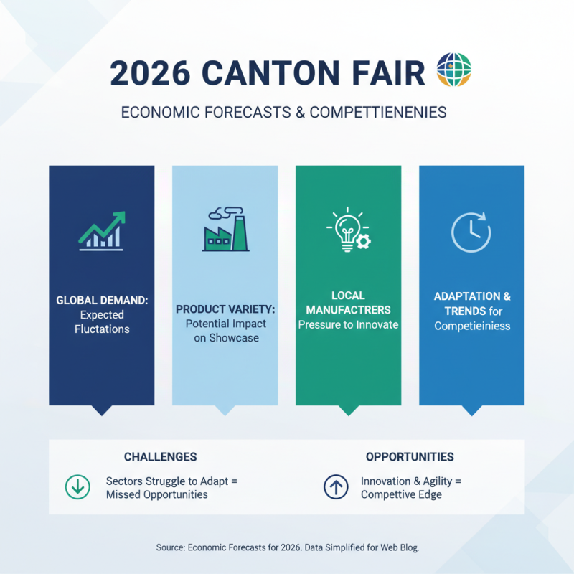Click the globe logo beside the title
[453, 71]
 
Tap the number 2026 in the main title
[149, 73]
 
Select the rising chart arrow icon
[101, 230]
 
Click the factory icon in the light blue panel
[225, 230]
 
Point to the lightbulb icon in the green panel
[347, 230]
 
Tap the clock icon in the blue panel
[471, 231]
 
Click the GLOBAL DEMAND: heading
[101, 301]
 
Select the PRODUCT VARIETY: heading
[225, 309]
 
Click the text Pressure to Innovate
[348, 324]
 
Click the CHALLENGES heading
[160, 457]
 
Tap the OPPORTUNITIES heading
[410, 457]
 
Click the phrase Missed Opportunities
[156, 494]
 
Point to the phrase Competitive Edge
[401, 494]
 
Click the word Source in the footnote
[169, 547]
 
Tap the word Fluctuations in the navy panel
[101, 329]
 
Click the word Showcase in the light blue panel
[226, 338]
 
